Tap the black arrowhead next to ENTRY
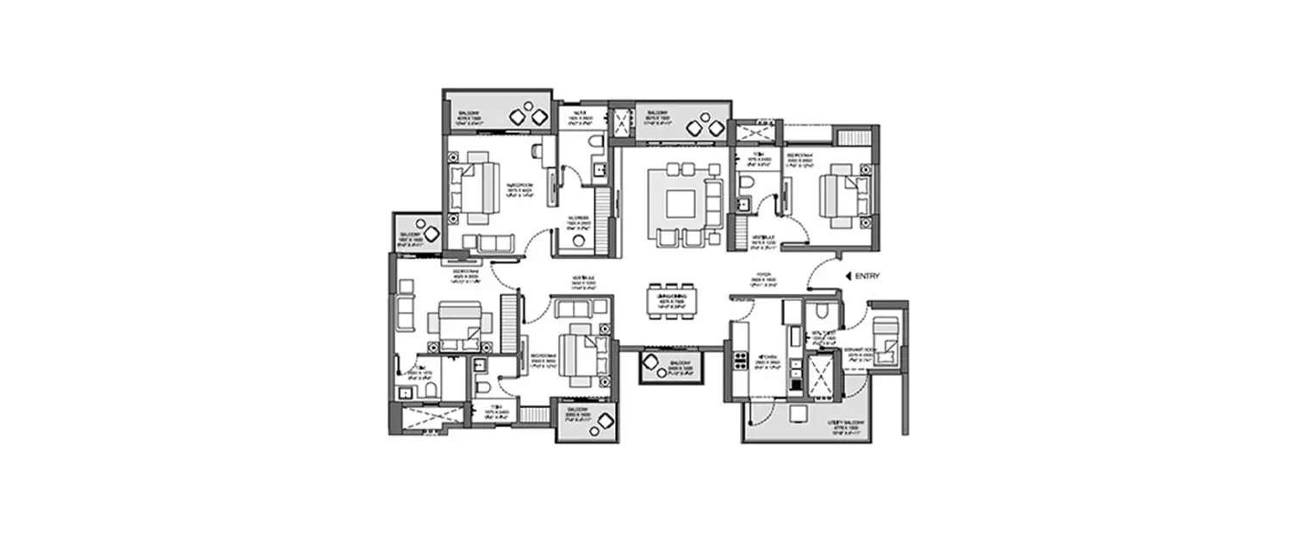click(x=850, y=275)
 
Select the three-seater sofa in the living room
click(x=714, y=204)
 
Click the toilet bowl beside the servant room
click(x=822, y=312)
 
